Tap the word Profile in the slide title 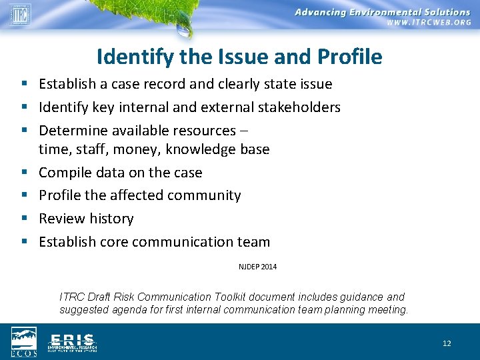[350, 57]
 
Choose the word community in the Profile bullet [207, 195]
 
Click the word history [110, 219]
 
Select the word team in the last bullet [255, 242]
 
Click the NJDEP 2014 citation [257, 267]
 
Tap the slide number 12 [447, 343]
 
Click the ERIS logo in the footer [72, 342]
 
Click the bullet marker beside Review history [23, 219]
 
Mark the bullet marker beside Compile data [23, 173]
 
